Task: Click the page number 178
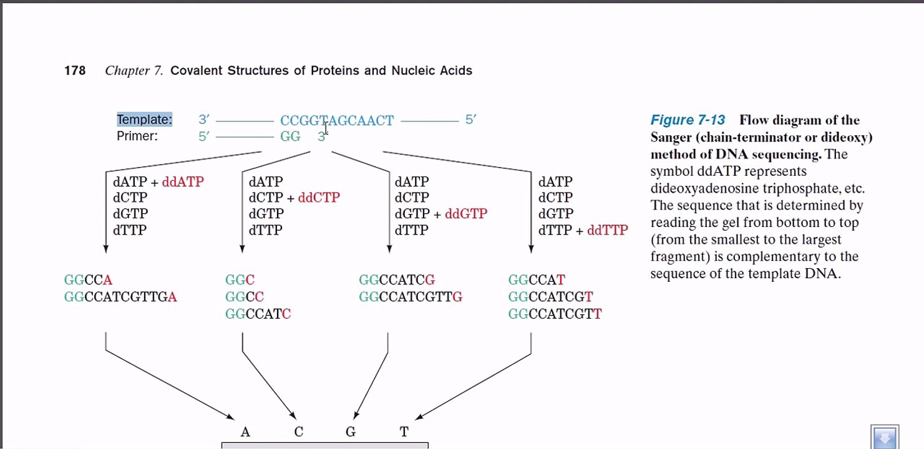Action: [x=75, y=70]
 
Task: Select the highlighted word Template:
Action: [x=145, y=120]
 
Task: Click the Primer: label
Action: [x=137, y=136]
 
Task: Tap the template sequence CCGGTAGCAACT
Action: [x=337, y=120]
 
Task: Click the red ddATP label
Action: [x=183, y=182]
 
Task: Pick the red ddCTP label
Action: [x=319, y=198]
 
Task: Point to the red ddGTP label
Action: [x=466, y=214]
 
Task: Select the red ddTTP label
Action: [x=607, y=230]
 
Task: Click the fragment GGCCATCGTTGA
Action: [x=120, y=297]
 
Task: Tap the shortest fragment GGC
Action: [x=240, y=281]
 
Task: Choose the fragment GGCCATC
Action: [x=258, y=314]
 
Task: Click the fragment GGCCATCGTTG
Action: [x=411, y=297]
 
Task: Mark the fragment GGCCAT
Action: [x=537, y=281]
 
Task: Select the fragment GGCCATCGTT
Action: [x=555, y=314]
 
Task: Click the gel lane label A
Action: [x=245, y=432]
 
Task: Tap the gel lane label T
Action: [x=404, y=432]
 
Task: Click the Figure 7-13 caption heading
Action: [x=688, y=120]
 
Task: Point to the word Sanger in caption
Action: [x=673, y=137]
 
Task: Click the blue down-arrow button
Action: [x=884, y=437]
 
